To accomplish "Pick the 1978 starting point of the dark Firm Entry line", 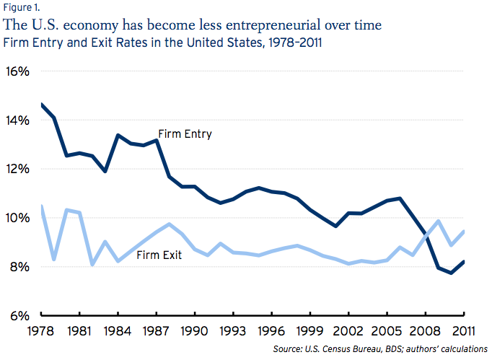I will tap(43, 105).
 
